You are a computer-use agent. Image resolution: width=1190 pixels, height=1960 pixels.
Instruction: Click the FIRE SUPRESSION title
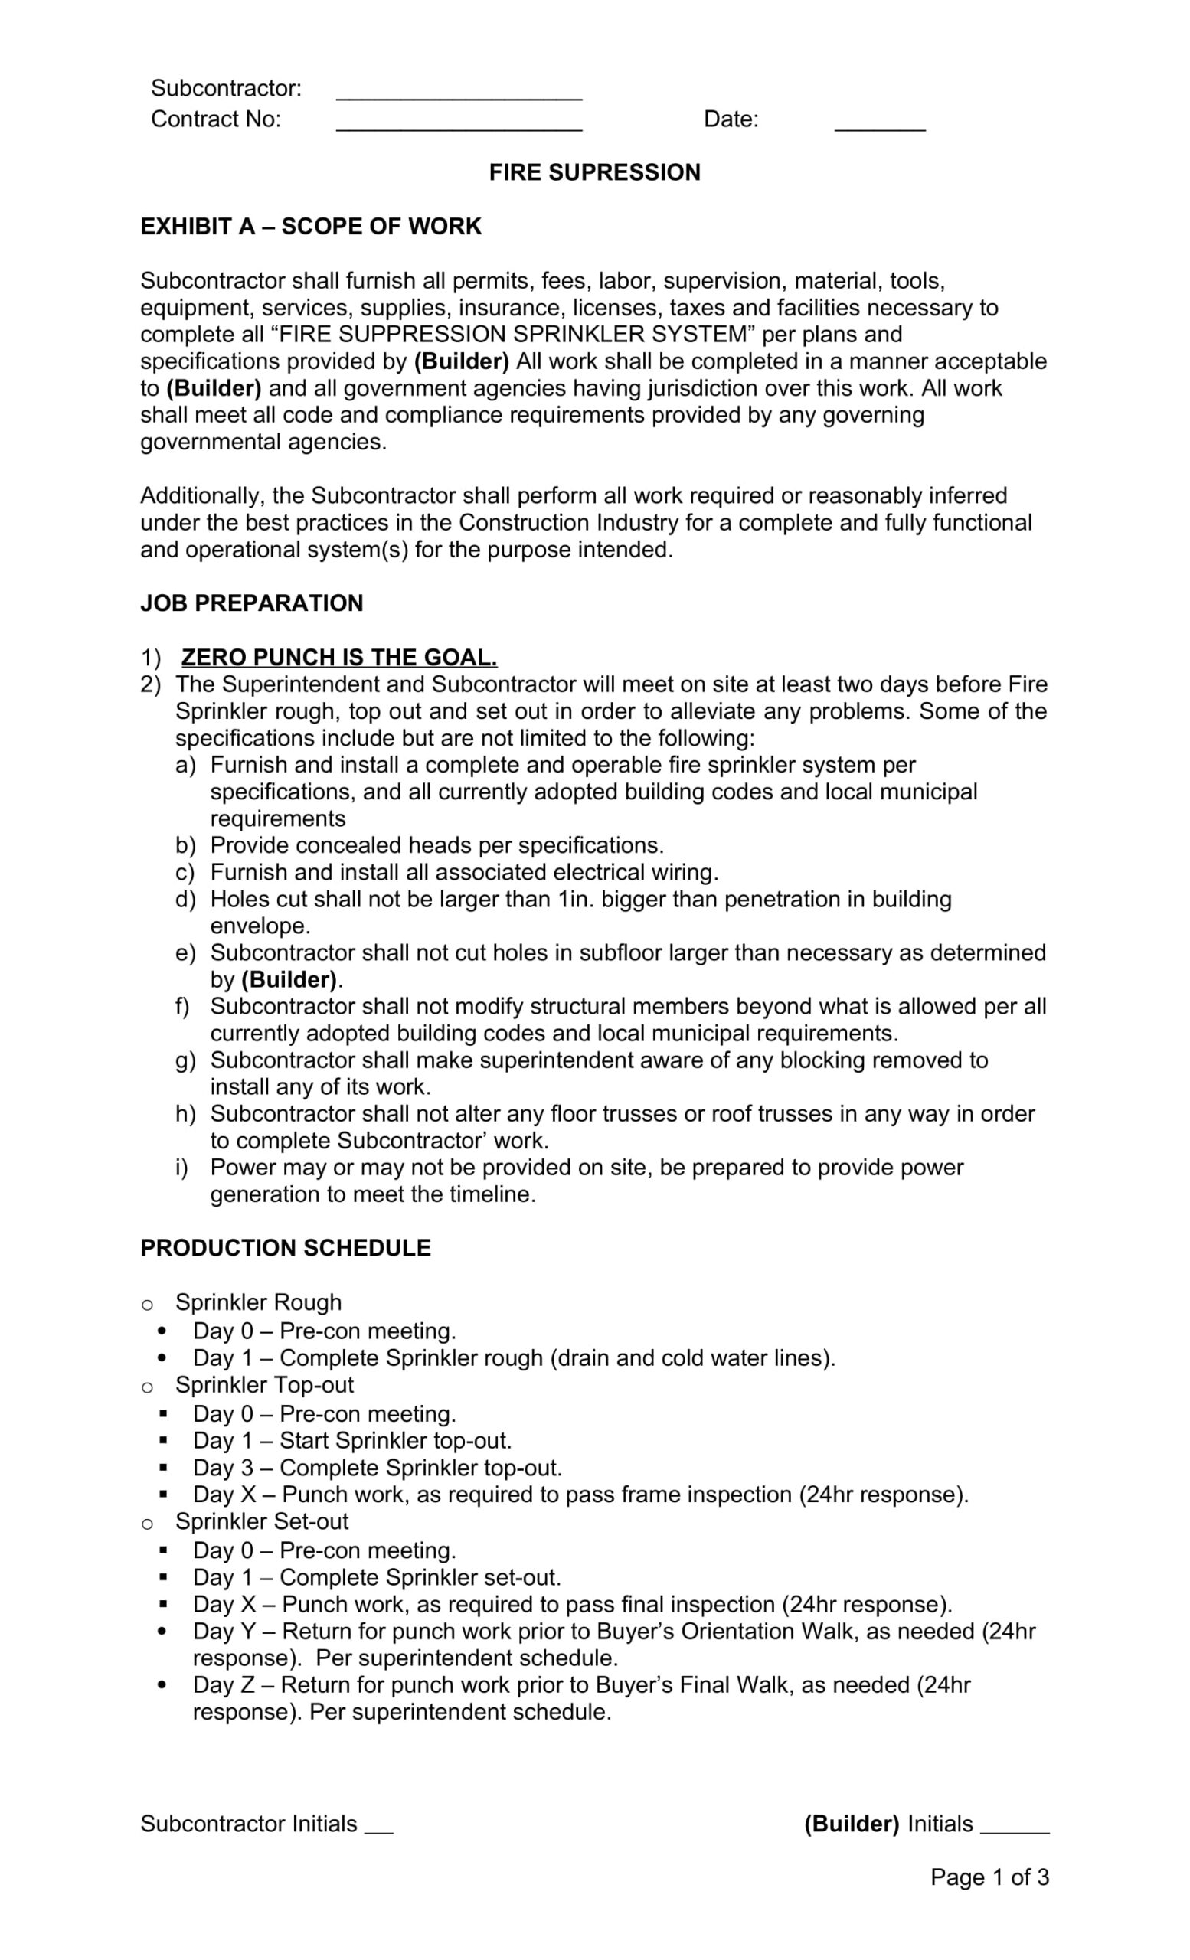pyautogui.click(x=594, y=172)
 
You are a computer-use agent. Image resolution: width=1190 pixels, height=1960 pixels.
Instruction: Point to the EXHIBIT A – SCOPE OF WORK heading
pyautogui.click(x=311, y=227)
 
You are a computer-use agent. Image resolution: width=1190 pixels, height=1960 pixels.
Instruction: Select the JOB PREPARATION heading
pyautogui.click(x=251, y=603)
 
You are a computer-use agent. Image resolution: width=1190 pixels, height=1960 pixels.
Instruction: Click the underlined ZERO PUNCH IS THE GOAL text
pyautogui.click(x=339, y=658)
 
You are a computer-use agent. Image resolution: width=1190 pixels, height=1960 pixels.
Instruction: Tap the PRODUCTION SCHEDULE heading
pyautogui.click(x=286, y=1248)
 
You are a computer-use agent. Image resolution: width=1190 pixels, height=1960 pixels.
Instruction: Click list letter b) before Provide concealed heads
pyautogui.click(x=185, y=845)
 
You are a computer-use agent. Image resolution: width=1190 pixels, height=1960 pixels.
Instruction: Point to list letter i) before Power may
pyautogui.click(x=182, y=1168)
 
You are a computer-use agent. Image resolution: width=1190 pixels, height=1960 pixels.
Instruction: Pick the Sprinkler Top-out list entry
pyautogui.click(x=264, y=1385)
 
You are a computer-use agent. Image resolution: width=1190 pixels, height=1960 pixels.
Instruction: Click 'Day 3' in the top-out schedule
pyautogui.click(x=223, y=1468)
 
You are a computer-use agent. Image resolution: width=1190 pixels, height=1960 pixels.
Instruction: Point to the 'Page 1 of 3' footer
pyautogui.click(x=989, y=1877)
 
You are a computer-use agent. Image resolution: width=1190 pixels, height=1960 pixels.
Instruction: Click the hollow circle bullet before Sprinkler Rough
pyautogui.click(x=147, y=1305)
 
